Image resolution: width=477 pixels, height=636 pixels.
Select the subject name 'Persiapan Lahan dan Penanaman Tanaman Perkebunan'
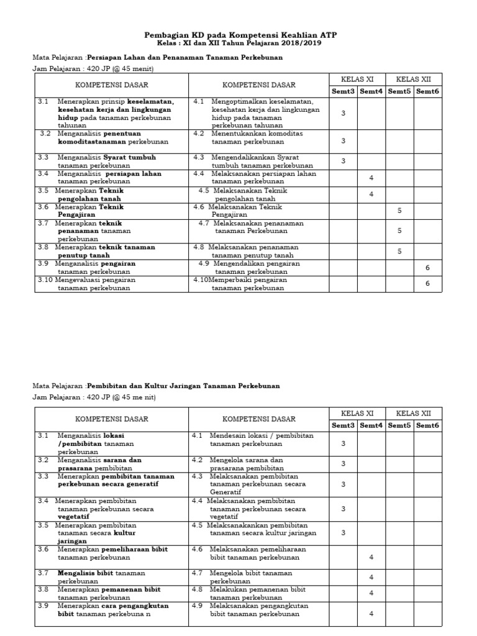(184, 57)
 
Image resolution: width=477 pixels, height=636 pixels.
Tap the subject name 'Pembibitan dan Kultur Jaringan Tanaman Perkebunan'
(183, 386)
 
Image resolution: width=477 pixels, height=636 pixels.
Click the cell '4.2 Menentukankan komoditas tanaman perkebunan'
(258, 137)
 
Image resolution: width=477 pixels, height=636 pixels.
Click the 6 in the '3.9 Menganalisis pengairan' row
(427, 267)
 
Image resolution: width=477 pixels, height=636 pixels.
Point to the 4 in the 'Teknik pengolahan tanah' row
(371, 194)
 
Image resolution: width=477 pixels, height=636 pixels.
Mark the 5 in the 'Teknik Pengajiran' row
(399, 211)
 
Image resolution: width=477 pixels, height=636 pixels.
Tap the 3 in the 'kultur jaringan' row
(343, 533)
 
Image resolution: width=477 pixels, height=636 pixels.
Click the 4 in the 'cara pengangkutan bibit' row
(371, 614)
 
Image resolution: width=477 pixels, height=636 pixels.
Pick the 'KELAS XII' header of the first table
(413, 79)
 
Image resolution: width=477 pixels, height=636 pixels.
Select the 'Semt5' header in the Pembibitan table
(399, 425)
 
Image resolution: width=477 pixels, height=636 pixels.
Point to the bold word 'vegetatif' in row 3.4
(73, 516)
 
